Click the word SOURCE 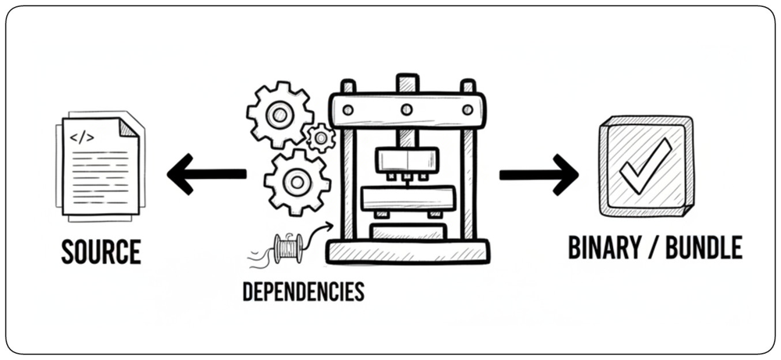click(x=101, y=251)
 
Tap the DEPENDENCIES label click(x=303, y=291)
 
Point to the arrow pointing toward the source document click(x=207, y=174)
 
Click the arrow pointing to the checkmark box click(x=539, y=174)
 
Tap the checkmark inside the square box click(x=646, y=166)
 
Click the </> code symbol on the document click(x=82, y=138)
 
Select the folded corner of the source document click(x=128, y=127)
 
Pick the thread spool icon click(x=288, y=248)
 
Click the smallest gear click(x=320, y=137)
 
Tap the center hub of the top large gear click(x=280, y=115)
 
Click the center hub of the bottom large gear click(x=297, y=182)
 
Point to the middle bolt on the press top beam click(x=407, y=109)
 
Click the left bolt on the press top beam click(x=348, y=109)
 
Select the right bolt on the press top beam click(x=467, y=109)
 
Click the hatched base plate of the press click(x=408, y=251)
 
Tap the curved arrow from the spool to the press click(x=319, y=234)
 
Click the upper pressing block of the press click(x=408, y=160)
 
